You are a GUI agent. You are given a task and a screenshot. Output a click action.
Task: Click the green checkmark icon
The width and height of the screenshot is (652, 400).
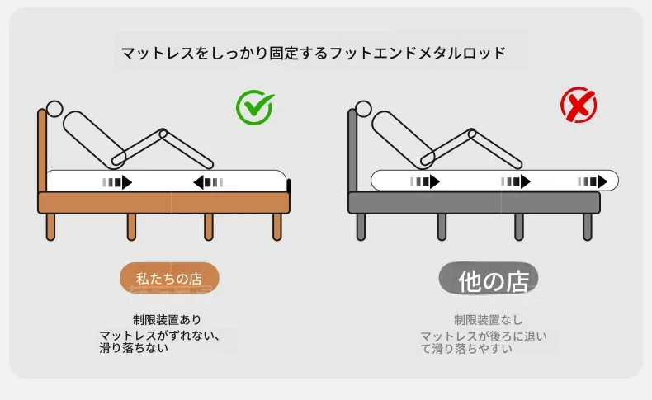tap(254, 107)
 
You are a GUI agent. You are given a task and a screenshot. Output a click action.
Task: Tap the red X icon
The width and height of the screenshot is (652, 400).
tap(579, 105)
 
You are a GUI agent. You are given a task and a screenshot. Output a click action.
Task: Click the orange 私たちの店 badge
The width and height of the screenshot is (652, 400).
tap(169, 278)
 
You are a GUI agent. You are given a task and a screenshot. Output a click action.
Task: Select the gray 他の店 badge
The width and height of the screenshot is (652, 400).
tap(489, 279)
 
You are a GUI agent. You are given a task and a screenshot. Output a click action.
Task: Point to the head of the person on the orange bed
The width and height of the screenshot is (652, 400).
tap(54, 109)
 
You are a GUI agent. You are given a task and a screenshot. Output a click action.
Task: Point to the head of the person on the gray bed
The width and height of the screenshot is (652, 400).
tap(363, 109)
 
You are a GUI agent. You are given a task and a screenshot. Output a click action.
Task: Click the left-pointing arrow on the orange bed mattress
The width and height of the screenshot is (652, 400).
tap(208, 182)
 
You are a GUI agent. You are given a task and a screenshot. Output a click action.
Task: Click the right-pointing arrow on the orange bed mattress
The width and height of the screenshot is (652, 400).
tap(117, 182)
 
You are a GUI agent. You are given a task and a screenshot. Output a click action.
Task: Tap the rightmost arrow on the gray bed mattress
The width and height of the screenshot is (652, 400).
tap(593, 181)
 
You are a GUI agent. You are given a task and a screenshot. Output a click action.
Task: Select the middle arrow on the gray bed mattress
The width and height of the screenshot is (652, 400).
tap(516, 181)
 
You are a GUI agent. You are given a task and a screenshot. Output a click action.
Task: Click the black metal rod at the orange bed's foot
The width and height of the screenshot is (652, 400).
tap(289, 186)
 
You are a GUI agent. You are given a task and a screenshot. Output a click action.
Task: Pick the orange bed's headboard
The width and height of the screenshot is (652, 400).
tap(42, 150)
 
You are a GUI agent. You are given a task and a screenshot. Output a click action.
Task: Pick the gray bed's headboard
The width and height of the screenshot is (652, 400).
tap(352, 150)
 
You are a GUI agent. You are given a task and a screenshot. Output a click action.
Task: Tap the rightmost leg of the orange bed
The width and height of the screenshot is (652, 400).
tap(277, 227)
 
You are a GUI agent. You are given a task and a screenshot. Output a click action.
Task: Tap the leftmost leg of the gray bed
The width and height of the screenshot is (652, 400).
tap(361, 227)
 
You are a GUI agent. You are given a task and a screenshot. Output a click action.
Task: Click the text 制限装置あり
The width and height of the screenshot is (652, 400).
tap(168, 320)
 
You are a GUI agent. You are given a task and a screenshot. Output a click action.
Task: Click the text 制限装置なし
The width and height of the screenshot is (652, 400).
tap(488, 320)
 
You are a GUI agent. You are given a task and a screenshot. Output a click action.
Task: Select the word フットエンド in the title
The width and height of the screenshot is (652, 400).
tap(373, 53)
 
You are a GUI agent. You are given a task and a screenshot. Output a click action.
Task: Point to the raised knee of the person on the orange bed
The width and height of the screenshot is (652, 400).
tap(163, 134)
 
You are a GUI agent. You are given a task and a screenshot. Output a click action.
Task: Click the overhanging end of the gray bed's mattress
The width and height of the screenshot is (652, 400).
tap(610, 181)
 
